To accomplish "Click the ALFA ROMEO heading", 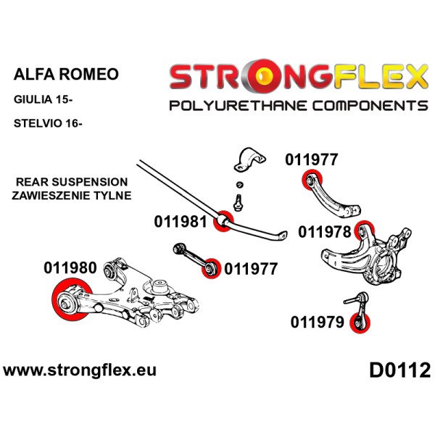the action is pyautogui.click(x=66, y=74).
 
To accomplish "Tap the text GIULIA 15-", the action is pyautogui.click(x=43, y=99).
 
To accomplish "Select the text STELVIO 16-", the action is pyautogui.click(x=48, y=123).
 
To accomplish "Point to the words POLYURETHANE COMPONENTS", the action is pyautogui.click(x=298, y=106).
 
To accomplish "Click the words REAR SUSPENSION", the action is pyautogui.click(x=72, y=182).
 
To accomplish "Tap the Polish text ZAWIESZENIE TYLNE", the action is pyautogui.click(x=72, y=195).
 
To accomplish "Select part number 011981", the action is pyautogui.click(x=181, y=222).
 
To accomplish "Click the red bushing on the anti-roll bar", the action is pyautogui.click(x=223, y=221).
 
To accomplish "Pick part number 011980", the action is pyautogui.click(x=70, y=268).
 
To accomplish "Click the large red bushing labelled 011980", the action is pyautogui.click(x=72, y=299).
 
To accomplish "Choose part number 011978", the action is pyautogui.click(x=325, y=232).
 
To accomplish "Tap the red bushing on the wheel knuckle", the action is pyautogui.click(x=364, y=231).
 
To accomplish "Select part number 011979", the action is pyautogui.click(x=317, y=322).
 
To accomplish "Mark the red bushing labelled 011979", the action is pyautogui.click(x=360, y=323).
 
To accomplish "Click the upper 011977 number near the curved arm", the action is pyautogui.click(x=311, y=159).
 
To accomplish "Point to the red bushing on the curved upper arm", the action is pyautogui.click(x=312, y=180).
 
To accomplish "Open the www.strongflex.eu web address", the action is pyautogui.click(x=80, y=370).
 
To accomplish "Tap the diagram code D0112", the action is pyautogui.click(x=399, y=370).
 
